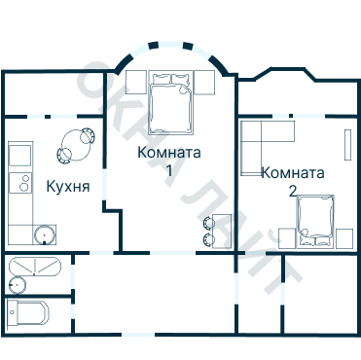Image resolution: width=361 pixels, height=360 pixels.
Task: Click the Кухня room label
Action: point(68,186)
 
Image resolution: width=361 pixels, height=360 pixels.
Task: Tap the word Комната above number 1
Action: point(169,153)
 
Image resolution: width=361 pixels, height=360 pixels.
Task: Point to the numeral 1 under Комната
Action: point(169,171)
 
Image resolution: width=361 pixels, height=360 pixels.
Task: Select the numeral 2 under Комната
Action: point(293,190)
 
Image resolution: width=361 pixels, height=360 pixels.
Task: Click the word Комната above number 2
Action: point(293,173)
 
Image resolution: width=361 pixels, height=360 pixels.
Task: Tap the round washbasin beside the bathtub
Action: point(16,284)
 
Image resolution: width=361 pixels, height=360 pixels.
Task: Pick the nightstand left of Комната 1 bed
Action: point(135,80)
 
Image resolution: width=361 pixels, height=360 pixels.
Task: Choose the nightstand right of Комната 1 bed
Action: point(210,80)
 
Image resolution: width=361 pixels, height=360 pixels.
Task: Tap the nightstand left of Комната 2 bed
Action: point(286,236)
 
